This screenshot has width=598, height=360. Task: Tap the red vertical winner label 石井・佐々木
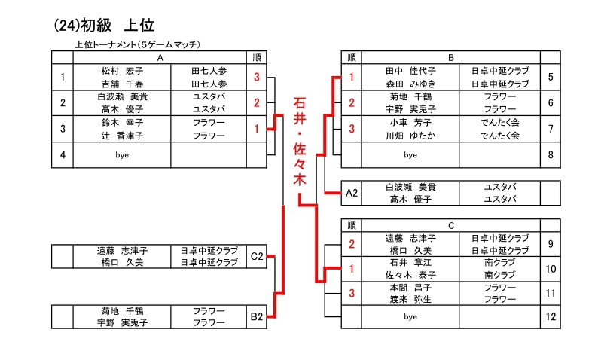[299, 143]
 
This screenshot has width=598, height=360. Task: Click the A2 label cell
[351, 193]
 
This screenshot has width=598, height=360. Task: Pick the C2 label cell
[257, 256]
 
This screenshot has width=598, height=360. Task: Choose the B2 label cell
[257, 316]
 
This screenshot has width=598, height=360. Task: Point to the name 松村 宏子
[122, 70]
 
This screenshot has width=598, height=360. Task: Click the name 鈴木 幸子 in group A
[122, 122]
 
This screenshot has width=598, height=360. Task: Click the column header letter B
[450, 57]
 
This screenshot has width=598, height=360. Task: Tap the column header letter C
[450, 224]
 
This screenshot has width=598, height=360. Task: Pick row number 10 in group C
[551, 268]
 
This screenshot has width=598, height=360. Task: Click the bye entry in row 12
[410, 317]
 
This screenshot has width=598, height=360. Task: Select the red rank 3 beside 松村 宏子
[257, 77]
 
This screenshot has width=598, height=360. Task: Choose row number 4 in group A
[63, 154]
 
